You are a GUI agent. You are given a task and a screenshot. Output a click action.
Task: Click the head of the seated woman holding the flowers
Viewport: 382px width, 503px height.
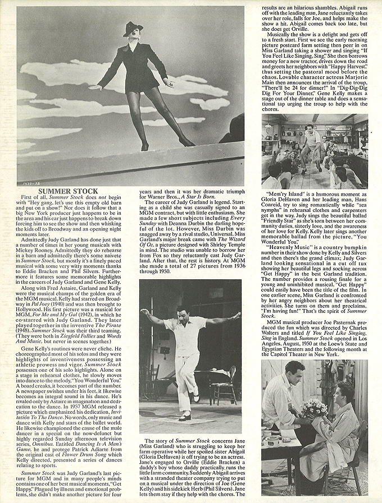pyautogui.click(x=343, y=393)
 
